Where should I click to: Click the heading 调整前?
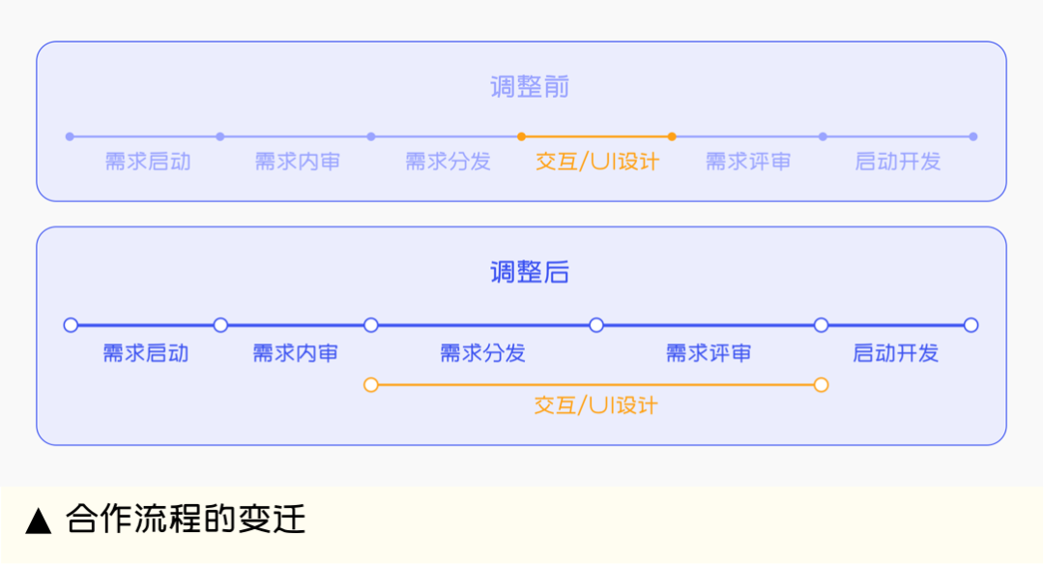(x=530, y=88)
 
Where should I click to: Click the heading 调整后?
(x=530, y=273)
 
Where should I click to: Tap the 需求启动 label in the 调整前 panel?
(x=148, y=162)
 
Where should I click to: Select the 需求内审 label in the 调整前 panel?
(x=298, y=162)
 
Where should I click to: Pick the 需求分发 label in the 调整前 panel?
(x=448, y=162)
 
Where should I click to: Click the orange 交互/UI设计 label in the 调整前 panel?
(x=597, y=162)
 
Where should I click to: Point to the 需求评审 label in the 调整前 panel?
(x=748, y=162)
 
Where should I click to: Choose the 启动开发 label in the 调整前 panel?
(x=898, y=162)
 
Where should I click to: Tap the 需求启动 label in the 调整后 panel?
(x=146, y=353)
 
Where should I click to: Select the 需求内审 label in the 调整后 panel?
(x=296, y=353)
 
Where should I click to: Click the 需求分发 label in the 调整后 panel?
(x=482, y=353)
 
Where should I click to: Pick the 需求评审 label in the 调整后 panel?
(x=709, y=353)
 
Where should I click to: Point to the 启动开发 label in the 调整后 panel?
(x=896, y=353)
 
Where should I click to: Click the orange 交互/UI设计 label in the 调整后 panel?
(x=595, y=405)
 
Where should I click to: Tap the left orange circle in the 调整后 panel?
(x=371, y=385)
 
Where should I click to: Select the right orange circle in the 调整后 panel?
(x=821, y=385)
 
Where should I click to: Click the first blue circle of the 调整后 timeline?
(x=71, y=325)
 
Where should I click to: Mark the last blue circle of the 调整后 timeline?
(x=971, y=325)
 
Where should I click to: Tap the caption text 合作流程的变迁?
(x=186, y=520)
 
